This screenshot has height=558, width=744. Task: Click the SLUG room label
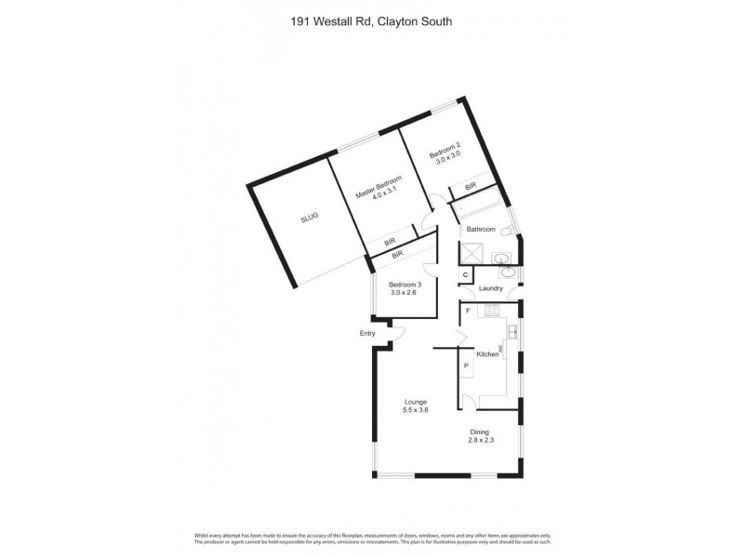pos(310,217)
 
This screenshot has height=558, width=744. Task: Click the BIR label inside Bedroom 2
pos(471,187)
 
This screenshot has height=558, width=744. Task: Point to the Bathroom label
pos(481,229)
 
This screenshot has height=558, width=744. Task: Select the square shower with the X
pos(473,254)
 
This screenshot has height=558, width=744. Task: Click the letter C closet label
pos(465,275)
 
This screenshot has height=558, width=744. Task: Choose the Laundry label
pos(491,288)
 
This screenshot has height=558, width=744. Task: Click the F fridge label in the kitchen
pos(468,311)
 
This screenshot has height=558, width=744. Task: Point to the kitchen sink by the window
pos(511,330)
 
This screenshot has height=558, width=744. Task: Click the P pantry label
pos(466,366)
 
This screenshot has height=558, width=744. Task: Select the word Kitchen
pos(487,354)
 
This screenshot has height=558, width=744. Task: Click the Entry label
pos(368,333)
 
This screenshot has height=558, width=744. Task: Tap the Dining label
pos(480,432)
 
